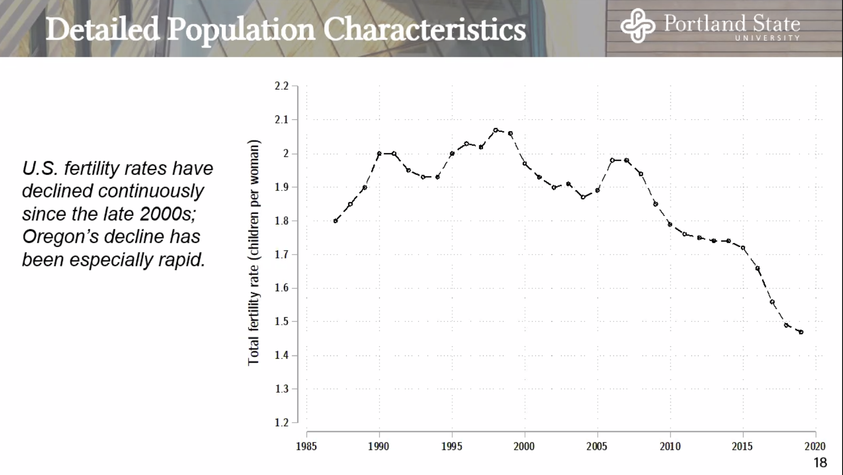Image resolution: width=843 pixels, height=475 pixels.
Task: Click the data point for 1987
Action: click(x=336, y=221)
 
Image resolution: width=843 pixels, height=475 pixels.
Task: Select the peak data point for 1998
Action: click(x=495, y=130)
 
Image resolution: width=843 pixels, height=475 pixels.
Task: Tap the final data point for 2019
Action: click(x=801, y=332)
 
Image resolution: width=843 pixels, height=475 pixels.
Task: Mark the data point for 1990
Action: click(x=379, y=153)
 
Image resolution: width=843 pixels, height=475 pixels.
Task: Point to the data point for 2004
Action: click(x=583, y=197)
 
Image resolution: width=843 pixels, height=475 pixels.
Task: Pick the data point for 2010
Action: click(x=670, y=224)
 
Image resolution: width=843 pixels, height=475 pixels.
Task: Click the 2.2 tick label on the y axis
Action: click(x=281, y=86)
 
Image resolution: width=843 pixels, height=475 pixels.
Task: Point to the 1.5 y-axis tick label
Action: click(x=281, y=321)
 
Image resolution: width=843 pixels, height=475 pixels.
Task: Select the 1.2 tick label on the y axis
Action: click(x=281, y=422)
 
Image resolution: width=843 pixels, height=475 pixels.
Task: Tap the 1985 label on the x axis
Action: click(x=306, y=446)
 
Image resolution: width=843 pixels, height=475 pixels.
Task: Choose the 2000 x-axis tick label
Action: click(x=524, y=446)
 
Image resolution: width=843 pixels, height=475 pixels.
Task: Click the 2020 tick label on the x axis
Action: click(x=815, y=446)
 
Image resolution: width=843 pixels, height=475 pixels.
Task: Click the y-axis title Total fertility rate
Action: click(x=253, y=252)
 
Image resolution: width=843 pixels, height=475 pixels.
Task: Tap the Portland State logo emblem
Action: click(x=637, y=26)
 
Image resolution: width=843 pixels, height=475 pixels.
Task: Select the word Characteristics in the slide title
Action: click(x=425, y=30)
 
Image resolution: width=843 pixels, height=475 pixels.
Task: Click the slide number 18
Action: click(x=820, y=462)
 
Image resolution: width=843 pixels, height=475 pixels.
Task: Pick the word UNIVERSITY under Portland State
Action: click(x=767, y=38)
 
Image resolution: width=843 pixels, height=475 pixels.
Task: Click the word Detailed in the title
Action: click(x=102, y=30)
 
